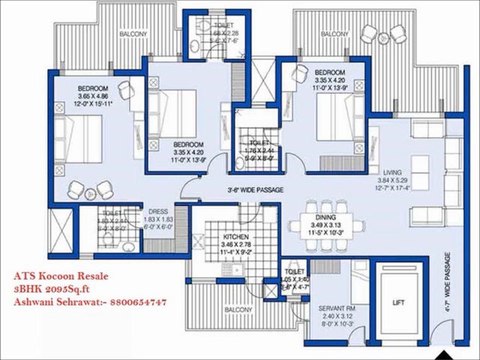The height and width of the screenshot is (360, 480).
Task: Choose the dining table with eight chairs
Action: coord(323,205)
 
